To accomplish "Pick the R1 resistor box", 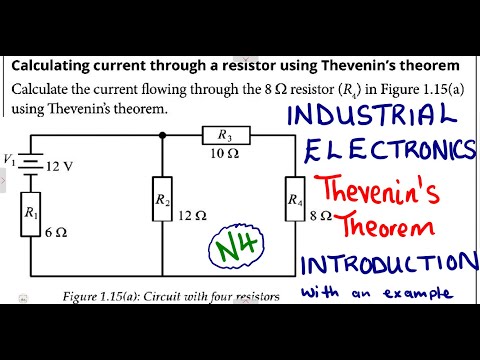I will tap(30, 214).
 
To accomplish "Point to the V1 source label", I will tap(9, 158).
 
